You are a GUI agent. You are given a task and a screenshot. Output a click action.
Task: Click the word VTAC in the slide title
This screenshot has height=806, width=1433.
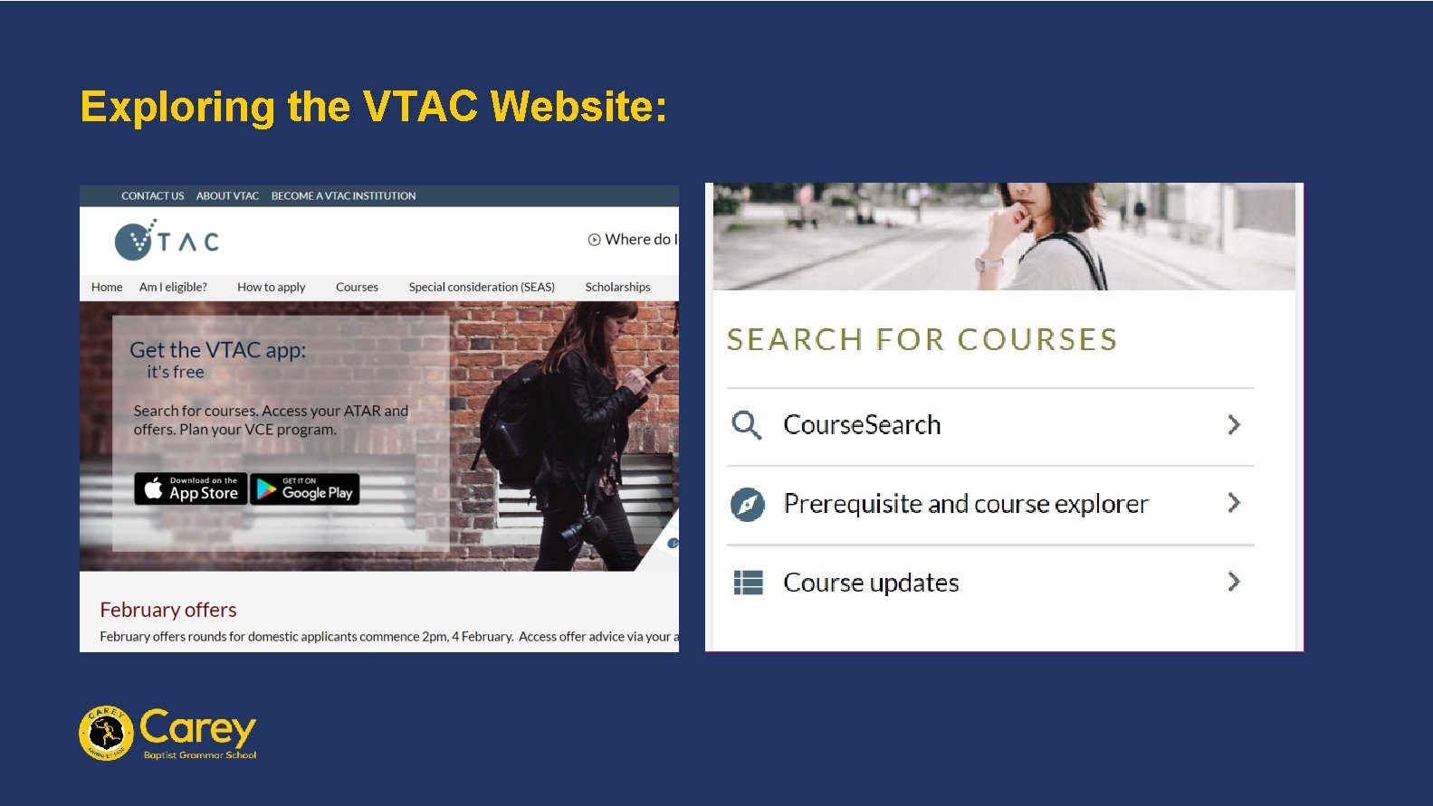[420, 107]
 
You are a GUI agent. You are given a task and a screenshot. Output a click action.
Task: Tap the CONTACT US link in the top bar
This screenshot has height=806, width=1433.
[152, 195]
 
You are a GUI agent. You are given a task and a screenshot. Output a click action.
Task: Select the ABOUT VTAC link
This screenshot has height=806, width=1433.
[227, 195]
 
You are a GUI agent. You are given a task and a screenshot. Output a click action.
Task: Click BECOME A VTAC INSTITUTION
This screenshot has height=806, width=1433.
[343, 195]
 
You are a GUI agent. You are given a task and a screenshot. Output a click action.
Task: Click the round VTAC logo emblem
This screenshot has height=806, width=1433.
[135, 241]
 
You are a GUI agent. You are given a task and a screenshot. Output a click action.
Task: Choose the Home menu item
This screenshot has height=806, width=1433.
[107, 287]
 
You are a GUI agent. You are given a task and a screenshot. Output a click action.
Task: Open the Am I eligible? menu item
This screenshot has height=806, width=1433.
[173, 287]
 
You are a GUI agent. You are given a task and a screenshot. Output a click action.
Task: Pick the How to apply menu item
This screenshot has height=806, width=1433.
[271, 287]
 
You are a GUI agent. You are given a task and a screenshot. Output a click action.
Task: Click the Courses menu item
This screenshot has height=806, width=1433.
[357, 287]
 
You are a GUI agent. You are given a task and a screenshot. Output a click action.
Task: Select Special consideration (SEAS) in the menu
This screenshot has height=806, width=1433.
[482, 287]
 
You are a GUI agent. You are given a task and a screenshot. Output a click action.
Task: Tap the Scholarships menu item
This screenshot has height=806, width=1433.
[617, 287]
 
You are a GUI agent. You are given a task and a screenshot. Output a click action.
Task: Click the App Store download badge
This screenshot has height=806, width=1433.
[191, 488]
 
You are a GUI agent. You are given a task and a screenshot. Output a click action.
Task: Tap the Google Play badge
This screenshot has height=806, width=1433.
[305, 488]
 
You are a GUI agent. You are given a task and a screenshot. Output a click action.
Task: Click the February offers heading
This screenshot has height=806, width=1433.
[168, 610]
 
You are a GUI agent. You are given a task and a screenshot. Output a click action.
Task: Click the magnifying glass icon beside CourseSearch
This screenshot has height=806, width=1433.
[747, 424]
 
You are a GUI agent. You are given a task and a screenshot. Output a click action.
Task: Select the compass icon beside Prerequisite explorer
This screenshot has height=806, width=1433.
[748, 504]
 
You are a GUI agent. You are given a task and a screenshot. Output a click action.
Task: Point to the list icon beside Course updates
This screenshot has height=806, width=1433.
[748, 583]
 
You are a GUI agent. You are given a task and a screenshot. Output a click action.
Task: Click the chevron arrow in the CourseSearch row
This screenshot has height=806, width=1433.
[1233, 424]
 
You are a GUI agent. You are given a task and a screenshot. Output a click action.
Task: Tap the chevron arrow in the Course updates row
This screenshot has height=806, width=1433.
[1233, 582]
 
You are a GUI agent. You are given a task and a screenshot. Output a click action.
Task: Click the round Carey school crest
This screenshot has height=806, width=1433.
[107, 733]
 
